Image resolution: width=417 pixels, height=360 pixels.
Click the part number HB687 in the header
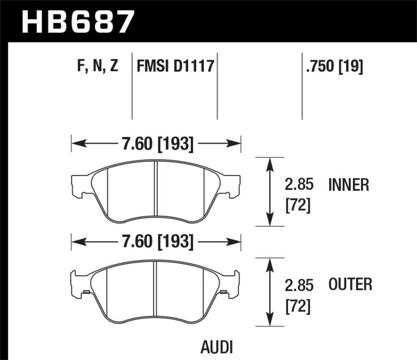(77, 21)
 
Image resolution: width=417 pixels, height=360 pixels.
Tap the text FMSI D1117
(176, 66)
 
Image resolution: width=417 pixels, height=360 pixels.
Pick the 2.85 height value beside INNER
(299, 185)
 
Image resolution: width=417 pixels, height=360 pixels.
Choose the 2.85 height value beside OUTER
(299, 285)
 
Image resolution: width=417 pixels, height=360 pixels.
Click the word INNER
(349, 185)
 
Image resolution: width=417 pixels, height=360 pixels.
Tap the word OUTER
(350, 284)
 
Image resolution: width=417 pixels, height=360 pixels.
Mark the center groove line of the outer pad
(156, 289)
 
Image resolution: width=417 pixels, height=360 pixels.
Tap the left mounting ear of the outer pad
(78, 283)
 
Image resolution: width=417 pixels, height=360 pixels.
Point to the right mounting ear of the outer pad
(232, 283)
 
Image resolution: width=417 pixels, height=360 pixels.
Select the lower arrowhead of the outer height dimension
(269, 322)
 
